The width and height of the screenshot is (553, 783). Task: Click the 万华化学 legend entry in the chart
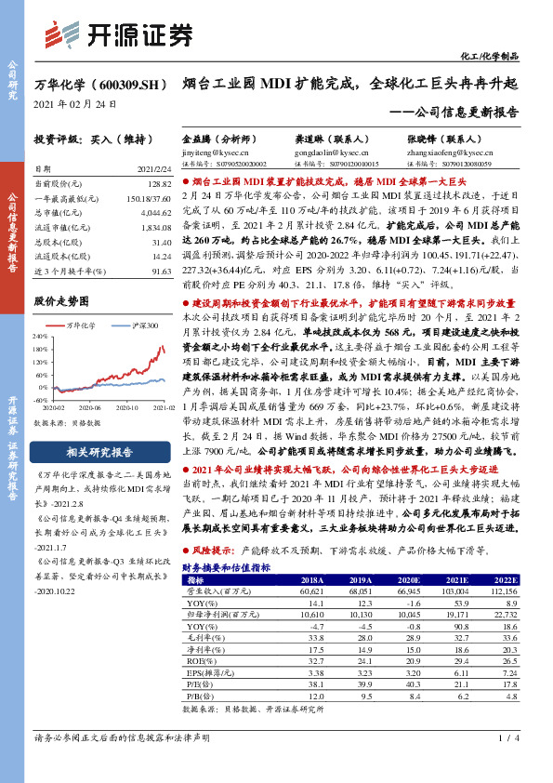[x=86, y=324]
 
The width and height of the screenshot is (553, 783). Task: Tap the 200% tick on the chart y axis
[x=40, y=337]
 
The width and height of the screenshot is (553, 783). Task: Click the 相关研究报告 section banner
[x=97, y=453]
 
